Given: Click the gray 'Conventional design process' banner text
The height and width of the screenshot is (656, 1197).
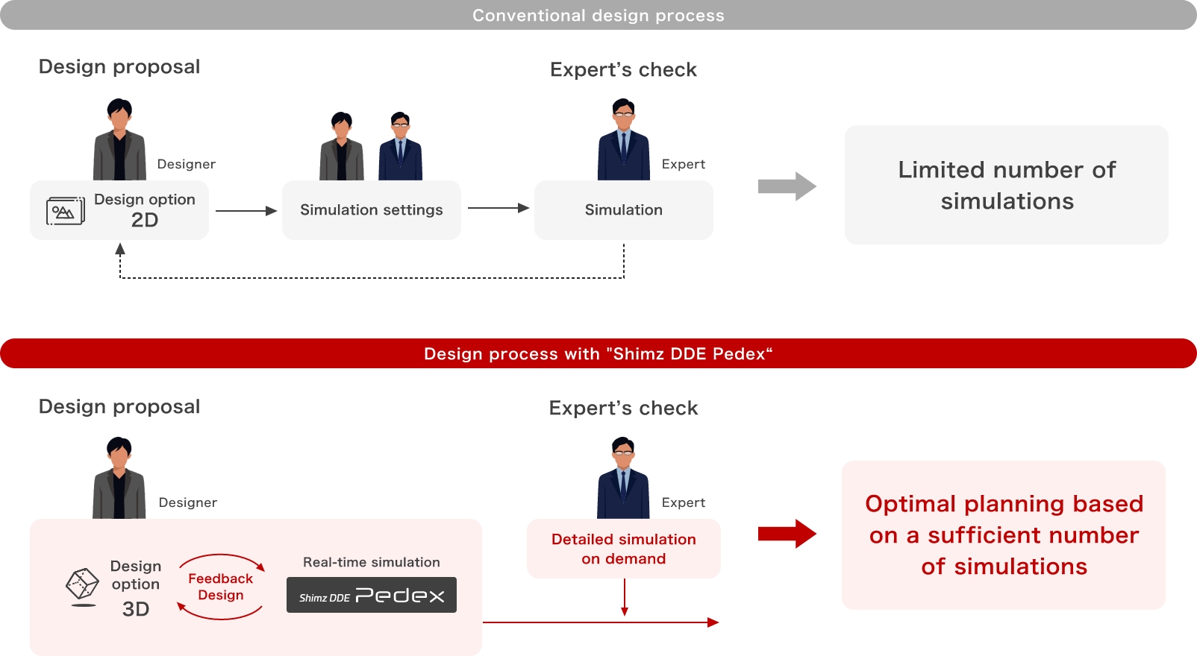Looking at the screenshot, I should click(598, 16).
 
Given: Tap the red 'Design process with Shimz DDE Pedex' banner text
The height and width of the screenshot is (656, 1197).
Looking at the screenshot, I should click(598, 353).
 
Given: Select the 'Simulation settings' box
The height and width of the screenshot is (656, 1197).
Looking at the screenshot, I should click(371, 210).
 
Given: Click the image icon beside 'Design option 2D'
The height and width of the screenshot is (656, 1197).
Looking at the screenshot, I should click(65, 211).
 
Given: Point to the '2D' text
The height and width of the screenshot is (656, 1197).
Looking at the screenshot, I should click(145, 221).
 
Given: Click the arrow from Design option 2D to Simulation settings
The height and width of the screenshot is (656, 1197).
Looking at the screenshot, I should click(246, 211).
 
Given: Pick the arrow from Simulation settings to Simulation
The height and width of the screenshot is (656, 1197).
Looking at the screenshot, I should click(498, 208).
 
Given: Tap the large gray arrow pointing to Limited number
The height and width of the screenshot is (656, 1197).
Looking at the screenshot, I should click(787, 186).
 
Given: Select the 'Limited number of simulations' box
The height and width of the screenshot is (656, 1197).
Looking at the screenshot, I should click(1006, 185).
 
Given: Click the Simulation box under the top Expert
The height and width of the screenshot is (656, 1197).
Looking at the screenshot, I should click(623, 210).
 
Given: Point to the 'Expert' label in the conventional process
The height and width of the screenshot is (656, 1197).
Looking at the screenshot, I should click(683, 164).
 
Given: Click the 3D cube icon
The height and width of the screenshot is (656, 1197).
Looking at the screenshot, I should click(82, 584).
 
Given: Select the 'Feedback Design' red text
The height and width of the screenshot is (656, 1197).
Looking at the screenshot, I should click(220, 587).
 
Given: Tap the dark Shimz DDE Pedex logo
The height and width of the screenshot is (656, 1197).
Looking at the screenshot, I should click(371, 595).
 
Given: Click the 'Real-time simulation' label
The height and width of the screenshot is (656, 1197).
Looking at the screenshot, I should click(371, 562).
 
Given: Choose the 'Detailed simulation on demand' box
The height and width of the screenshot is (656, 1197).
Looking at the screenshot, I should click(623, 549).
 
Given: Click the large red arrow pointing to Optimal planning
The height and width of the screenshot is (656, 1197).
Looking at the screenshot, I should click(787, 534).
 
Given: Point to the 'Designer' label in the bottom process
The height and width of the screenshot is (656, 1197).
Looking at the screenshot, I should click(187, 502).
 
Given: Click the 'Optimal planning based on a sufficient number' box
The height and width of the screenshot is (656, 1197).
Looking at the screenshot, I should click(1003, 535).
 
